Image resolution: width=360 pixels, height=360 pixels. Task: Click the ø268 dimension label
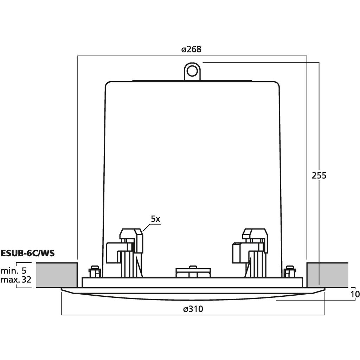(191, 49)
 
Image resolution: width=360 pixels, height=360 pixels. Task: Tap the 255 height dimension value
(319, 175)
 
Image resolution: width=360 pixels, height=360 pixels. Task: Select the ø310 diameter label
(193, 309)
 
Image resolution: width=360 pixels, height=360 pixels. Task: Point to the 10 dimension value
(355, 294)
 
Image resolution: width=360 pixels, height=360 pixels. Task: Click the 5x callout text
(155, 219)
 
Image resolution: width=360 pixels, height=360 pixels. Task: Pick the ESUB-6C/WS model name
(27, 253)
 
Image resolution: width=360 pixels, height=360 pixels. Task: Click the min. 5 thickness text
(14, 271)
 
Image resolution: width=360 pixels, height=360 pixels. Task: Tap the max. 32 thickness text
(16, 279)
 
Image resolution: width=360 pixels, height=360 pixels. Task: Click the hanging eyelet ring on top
(192, 71)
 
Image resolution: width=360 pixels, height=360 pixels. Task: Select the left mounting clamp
(125, 252)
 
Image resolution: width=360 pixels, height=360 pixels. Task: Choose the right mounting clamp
(250, 252)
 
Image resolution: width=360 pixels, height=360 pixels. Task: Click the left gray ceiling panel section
(57, 275)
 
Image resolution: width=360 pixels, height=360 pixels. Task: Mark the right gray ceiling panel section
(327, 275)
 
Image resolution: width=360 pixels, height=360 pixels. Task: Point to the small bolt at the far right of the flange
(290, 272)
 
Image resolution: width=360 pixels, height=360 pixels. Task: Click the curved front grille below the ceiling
(193, 294)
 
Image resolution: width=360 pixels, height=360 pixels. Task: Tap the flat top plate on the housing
(192, 81)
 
